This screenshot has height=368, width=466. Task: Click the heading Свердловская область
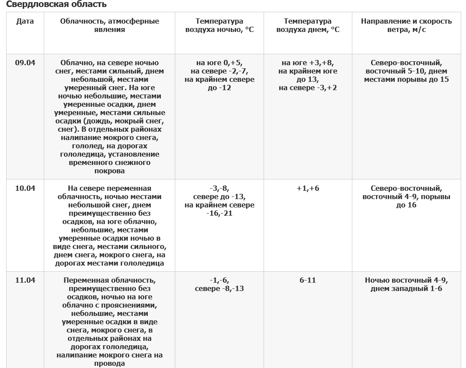coord(56,5)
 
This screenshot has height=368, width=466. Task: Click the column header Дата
coord(25,21)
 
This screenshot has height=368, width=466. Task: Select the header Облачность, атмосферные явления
coord(109,25)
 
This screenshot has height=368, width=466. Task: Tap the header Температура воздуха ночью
coord(219,25)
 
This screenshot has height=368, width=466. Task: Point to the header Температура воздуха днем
coord(308,25)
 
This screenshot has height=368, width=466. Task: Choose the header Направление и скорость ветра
coord(406,25)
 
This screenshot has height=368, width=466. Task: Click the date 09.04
coord(25,63)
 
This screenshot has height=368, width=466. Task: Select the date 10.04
coord(25,188)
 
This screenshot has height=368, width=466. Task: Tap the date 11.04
coord(25,280)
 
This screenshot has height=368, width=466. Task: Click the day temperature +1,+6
coord(308,188)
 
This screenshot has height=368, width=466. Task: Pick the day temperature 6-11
coord(308,280)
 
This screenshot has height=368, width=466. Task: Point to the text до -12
coord(219,88)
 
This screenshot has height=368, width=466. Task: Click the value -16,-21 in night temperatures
coord(219,213)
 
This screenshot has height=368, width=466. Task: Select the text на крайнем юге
coord(308,71)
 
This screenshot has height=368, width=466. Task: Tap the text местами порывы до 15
coord(406,79)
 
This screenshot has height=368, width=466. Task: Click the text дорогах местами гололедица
coord(109,263)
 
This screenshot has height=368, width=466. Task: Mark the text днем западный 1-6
coord(406,288)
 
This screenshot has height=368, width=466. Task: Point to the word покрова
coord(109,171)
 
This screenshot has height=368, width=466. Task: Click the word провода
coord(109,363)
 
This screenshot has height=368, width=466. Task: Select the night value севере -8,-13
coord(219,288)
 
